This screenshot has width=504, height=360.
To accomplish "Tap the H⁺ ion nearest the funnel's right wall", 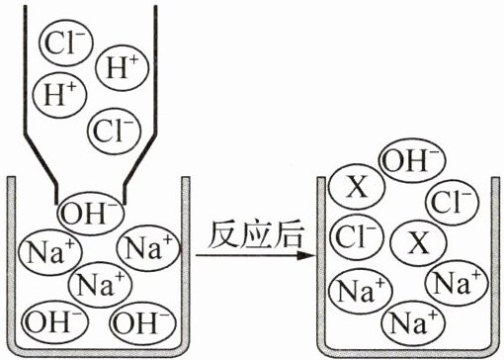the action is [122, 68].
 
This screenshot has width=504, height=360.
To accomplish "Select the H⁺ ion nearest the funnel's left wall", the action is [59, 95].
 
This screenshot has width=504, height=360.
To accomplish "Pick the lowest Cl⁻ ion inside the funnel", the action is [115, 132].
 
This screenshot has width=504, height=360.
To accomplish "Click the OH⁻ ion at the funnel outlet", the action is [91, 213].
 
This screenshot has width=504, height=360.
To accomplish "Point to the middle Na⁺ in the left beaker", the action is [101, 285].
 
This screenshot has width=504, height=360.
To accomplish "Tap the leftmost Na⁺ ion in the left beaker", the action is [50, 252].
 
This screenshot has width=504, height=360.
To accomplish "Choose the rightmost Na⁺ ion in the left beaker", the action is [149, 248].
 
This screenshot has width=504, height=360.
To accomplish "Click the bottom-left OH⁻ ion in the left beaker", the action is [56, 321].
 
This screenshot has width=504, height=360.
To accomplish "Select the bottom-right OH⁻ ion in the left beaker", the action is [143, 321].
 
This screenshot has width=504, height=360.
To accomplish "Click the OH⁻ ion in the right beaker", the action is [412, 160].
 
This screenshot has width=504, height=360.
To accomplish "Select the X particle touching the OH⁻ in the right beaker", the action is [357, 187].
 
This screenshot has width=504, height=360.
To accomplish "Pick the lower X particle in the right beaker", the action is [418, 243].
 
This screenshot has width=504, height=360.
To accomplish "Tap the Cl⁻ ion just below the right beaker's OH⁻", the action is [453, 202].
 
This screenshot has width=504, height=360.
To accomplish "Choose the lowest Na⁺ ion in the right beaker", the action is [414, 322].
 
